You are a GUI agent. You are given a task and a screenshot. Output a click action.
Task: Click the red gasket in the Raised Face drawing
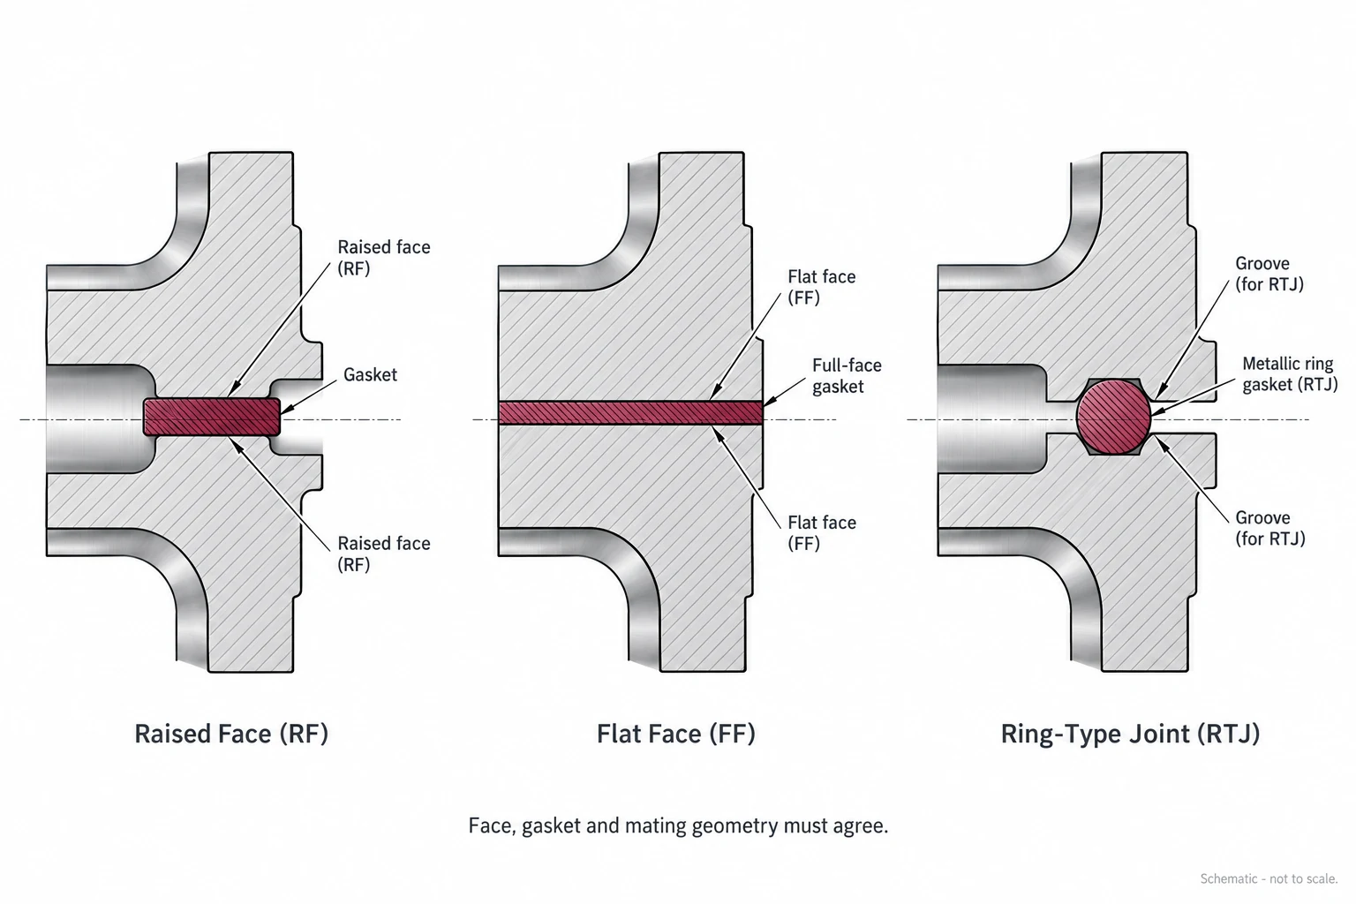coord(212,417)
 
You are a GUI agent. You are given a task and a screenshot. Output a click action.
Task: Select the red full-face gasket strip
coord(630,411)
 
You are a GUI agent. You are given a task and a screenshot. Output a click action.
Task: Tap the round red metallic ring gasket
coord(1113,417)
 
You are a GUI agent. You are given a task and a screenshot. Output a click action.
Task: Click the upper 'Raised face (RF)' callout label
coord(384,257)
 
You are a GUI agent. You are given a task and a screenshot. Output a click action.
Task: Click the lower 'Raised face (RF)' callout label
coord(384,554)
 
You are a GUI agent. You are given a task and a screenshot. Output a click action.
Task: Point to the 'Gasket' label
coord(370,375)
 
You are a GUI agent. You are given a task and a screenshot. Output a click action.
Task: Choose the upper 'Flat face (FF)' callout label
coord(822,287)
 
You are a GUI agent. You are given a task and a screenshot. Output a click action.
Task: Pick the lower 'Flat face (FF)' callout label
coord(822,532)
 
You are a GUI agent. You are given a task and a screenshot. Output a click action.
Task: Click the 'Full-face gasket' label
coord(847,375)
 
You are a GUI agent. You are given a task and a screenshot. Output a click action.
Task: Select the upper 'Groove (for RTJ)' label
coord(1269,274)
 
